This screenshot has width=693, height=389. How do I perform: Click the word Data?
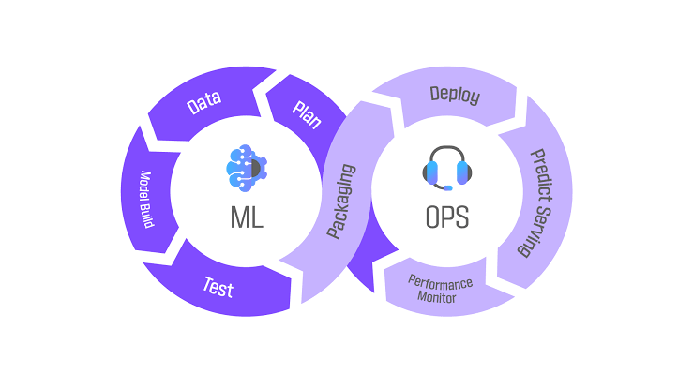pos(203,104)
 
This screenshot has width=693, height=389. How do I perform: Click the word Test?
pos(218,286)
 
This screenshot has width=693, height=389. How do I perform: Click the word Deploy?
pos(455,96)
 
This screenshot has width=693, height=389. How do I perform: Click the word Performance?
pos(440,281)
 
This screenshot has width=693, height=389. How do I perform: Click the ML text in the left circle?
pos(247,218)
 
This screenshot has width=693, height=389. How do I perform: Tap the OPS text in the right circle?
pos(445,218)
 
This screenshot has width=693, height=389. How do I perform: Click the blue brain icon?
pos(246,166)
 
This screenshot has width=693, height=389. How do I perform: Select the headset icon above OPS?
pos(445,167)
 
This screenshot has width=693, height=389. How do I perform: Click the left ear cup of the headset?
pos(430,172)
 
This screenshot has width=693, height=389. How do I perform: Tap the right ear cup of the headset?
pos(461,172)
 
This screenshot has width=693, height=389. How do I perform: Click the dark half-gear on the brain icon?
pos(255,167)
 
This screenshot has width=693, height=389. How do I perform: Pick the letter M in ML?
pos(239,218)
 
